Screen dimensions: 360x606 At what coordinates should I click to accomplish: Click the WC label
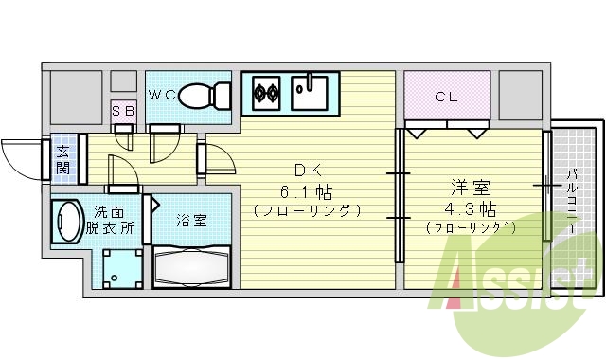pyautogui.click(x=161, y=93)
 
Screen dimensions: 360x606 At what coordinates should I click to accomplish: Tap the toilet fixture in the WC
pyautogui.click(x=204, y=96)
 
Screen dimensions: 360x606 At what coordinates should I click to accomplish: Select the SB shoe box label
pyautogui.click(x=122, y=111)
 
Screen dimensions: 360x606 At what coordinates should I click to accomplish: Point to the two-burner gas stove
pyautogui.click(x=266, y=93)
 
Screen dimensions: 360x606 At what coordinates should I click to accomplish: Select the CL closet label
pyautogui.click(x=447, y=96)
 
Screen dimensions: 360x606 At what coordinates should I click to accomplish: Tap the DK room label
pyautogui.click(x=307, y=171)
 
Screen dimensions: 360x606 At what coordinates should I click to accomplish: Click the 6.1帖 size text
pyautogui.click(x=307, y=189)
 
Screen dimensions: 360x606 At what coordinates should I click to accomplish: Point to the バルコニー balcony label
pyautogui.click(x=573, y=194)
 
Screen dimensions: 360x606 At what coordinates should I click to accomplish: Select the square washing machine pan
pyautogui.click(x=119, y=268)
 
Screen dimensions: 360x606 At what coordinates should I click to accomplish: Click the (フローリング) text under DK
pyautogui.click(x=307, y=209)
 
